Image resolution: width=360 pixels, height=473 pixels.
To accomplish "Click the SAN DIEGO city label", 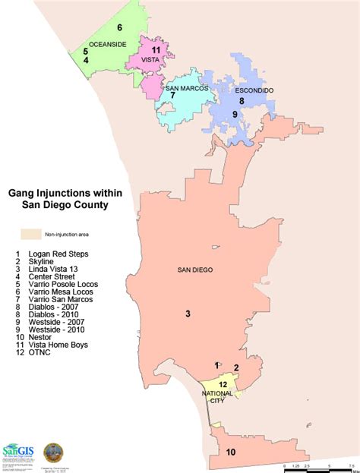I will pos(195,270).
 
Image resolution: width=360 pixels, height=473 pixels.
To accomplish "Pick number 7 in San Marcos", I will pos(173,96).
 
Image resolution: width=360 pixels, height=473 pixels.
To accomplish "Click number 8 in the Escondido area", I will pos(242,100).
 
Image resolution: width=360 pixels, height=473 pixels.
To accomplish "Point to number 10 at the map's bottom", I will pos(231,453).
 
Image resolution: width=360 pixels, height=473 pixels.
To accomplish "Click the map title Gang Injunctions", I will pos(64,194).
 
